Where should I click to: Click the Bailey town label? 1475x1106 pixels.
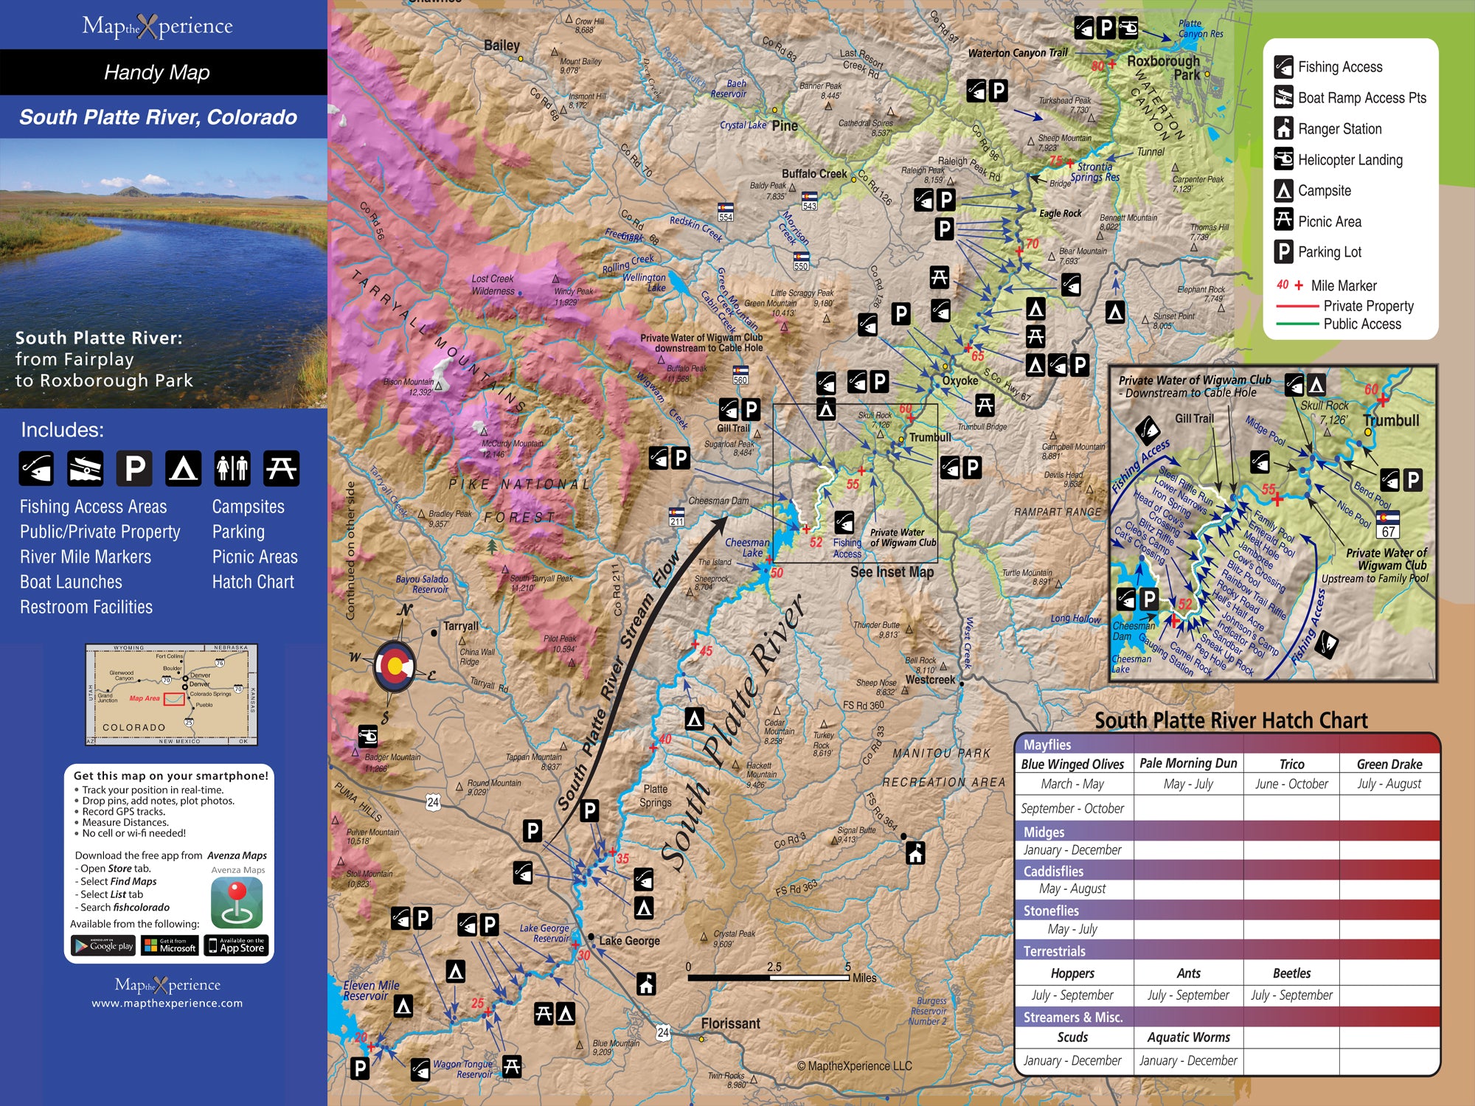pyautogui.click(x=502, y=46)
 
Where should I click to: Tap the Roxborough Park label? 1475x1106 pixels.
pyautogui.click(x=1164, y=68)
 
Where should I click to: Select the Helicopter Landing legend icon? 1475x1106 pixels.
pyautogui.click(x=1283, y=159)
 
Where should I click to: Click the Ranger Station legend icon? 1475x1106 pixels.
pyautogui.click(x=1283, y=128)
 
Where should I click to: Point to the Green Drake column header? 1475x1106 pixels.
pyautogui.click(x=1389, y=764)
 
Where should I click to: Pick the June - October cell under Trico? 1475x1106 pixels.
pyautogui.click(x=1291, y=784)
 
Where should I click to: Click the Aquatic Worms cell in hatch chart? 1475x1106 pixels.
pyautogui.click(x=1188, y=1037)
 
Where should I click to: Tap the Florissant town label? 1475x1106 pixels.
pyautogui.click(x=729, y=1023)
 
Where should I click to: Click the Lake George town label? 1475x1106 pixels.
pyautogui.click(x=629, y=941)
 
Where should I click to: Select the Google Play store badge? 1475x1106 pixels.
pyautogui.click(x=103, y=945)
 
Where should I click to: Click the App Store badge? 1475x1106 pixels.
pyautogui.click(x=236, y=945)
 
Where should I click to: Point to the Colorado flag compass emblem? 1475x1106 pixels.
pyautogui.click(x=395, y=666)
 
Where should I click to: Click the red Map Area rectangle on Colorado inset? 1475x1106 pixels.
pyautogui.click(x=174, y=698)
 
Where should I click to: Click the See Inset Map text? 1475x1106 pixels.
pyautogui.click(x=892, y=572)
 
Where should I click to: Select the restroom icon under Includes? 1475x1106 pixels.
pyautogui.click(x=232, y=468)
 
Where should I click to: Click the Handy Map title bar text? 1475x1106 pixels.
pyautogui.click(x=157, y=72)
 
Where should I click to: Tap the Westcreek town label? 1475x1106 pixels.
pyautogui.click(x=930, y=680)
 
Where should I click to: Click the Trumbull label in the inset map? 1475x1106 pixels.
pyautogui.click(x=1391, y=420)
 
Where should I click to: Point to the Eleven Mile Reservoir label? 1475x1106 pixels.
pyautogui.click(x=371, y=990)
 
